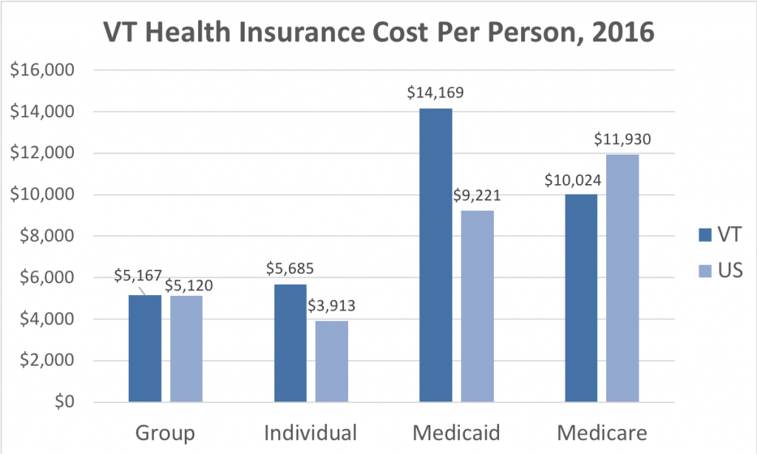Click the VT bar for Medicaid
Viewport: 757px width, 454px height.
(x=435, y=255)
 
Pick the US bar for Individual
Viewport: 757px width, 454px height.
(x=332, y=362)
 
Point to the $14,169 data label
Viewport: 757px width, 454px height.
(x=435, y=93)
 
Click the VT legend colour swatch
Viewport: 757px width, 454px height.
(x=703, y=235)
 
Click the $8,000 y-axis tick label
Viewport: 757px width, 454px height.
(x=41, y=237)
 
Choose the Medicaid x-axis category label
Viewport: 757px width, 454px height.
(x=456, y=433)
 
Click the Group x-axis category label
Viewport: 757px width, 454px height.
(x=166, y=433)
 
